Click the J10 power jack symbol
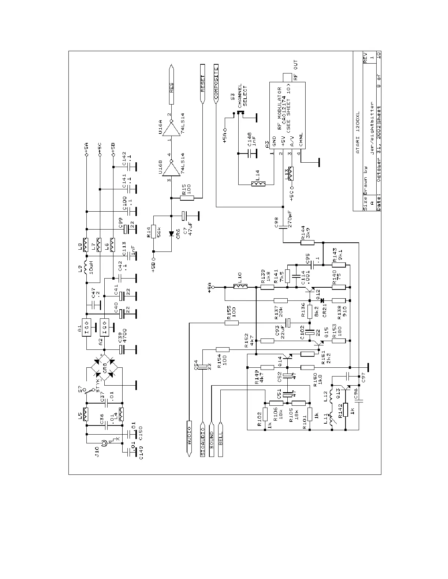[x=105, y=443]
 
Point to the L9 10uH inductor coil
[x=86, y=268]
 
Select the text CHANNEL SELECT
[x=243, y=96]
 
